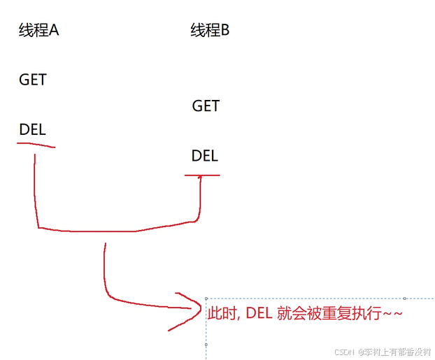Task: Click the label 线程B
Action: coord(210,31)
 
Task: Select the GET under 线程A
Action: coord(33,80)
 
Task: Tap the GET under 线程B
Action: coord(206,106)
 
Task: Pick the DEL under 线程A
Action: coord(32,129)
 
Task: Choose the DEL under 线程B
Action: coord(204,155)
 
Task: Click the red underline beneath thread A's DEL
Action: coord(36,145)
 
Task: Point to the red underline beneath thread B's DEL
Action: coord(202,175)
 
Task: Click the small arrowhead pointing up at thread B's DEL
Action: coord(201,178)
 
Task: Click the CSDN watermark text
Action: coord(345,352)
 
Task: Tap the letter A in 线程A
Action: coord(53,31)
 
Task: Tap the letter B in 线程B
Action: coord(225,31)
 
